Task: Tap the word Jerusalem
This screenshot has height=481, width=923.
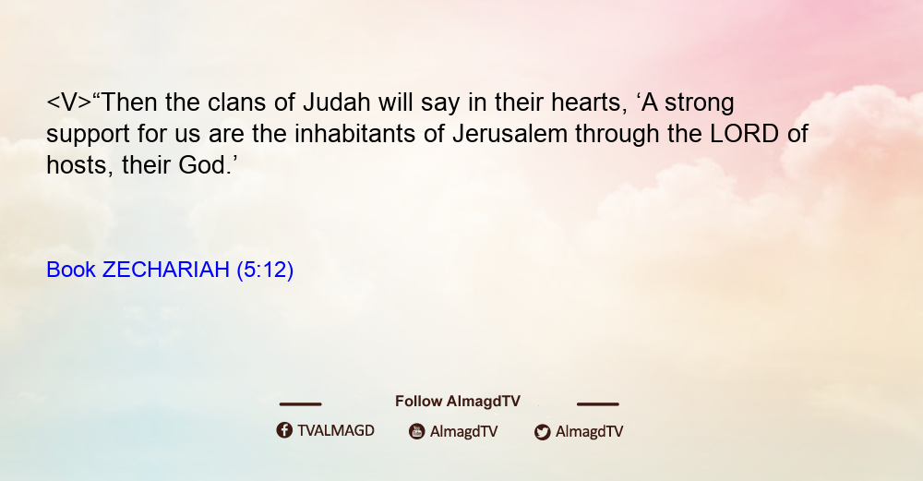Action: click(510, 134)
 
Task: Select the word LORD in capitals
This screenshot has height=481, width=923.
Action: click(745, 134)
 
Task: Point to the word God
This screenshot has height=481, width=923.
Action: click(204, 165)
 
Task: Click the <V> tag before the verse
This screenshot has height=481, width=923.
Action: click(69, 102)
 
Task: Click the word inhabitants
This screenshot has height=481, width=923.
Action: click(355, 134)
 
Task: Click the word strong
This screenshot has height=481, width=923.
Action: click(700, 104)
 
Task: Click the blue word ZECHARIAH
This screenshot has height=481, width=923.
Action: click(165, 270)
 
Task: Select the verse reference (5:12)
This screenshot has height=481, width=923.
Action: click(265, 270)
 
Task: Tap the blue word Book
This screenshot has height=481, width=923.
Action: click(71, 270)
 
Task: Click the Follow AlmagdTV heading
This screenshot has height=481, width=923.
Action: click(458, 401)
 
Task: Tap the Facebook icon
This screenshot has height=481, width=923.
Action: click(284, 430)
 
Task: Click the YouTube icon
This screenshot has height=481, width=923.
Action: click(417, 431)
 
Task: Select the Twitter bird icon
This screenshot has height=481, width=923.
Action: click(542, 432)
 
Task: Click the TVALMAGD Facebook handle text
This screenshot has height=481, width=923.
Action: click(336, 430)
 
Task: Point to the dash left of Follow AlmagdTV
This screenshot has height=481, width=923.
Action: click(300, 404)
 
